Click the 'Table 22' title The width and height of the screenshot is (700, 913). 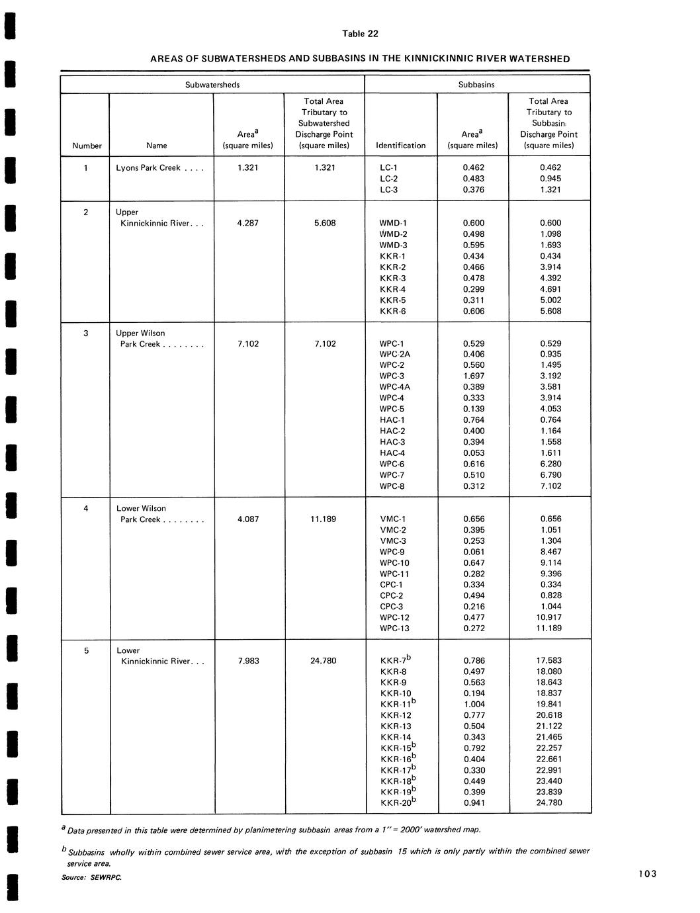[x=360, y=34]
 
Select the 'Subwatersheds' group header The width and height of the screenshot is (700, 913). [x=212, y=85]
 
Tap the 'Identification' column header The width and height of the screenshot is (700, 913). [x=400, y=146]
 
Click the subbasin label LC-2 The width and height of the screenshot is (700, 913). [x=389, y=179]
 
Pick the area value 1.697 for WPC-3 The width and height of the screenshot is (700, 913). [x=474, y=376]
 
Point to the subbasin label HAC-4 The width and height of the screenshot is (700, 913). [x=392, y=453]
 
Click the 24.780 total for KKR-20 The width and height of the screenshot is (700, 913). [x=548, y=803]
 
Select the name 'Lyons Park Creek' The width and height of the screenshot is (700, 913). [x=148, y=168]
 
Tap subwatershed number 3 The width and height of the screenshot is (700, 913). [x=86, y=333]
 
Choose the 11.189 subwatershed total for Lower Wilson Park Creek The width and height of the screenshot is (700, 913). [x=323, y=519]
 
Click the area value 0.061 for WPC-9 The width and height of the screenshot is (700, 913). [x=474, y=552]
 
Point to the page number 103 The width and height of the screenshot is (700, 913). [x=648, y=874]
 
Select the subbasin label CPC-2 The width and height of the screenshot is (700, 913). [x=391, y=595]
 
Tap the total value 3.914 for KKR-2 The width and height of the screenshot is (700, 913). [x=550, y=267]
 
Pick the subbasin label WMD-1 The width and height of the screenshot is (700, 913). [x=394, y=223]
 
